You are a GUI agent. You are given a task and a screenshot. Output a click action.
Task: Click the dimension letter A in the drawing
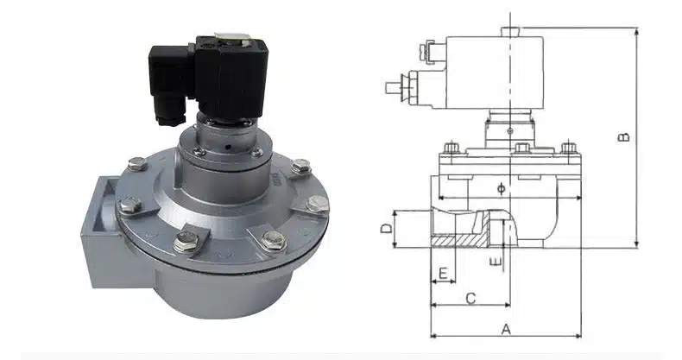[507, 328]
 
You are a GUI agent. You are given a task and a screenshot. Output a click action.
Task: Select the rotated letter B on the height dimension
[626, 136]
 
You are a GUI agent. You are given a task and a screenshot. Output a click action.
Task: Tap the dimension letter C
[470, 298]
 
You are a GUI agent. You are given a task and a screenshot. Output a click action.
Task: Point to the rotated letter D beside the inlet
[388, 228]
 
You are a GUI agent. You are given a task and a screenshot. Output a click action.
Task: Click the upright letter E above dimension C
[442, 274]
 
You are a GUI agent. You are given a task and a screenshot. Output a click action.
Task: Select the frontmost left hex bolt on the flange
[185, 242]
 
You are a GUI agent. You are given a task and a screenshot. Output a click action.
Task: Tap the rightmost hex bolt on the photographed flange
[317, 204]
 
